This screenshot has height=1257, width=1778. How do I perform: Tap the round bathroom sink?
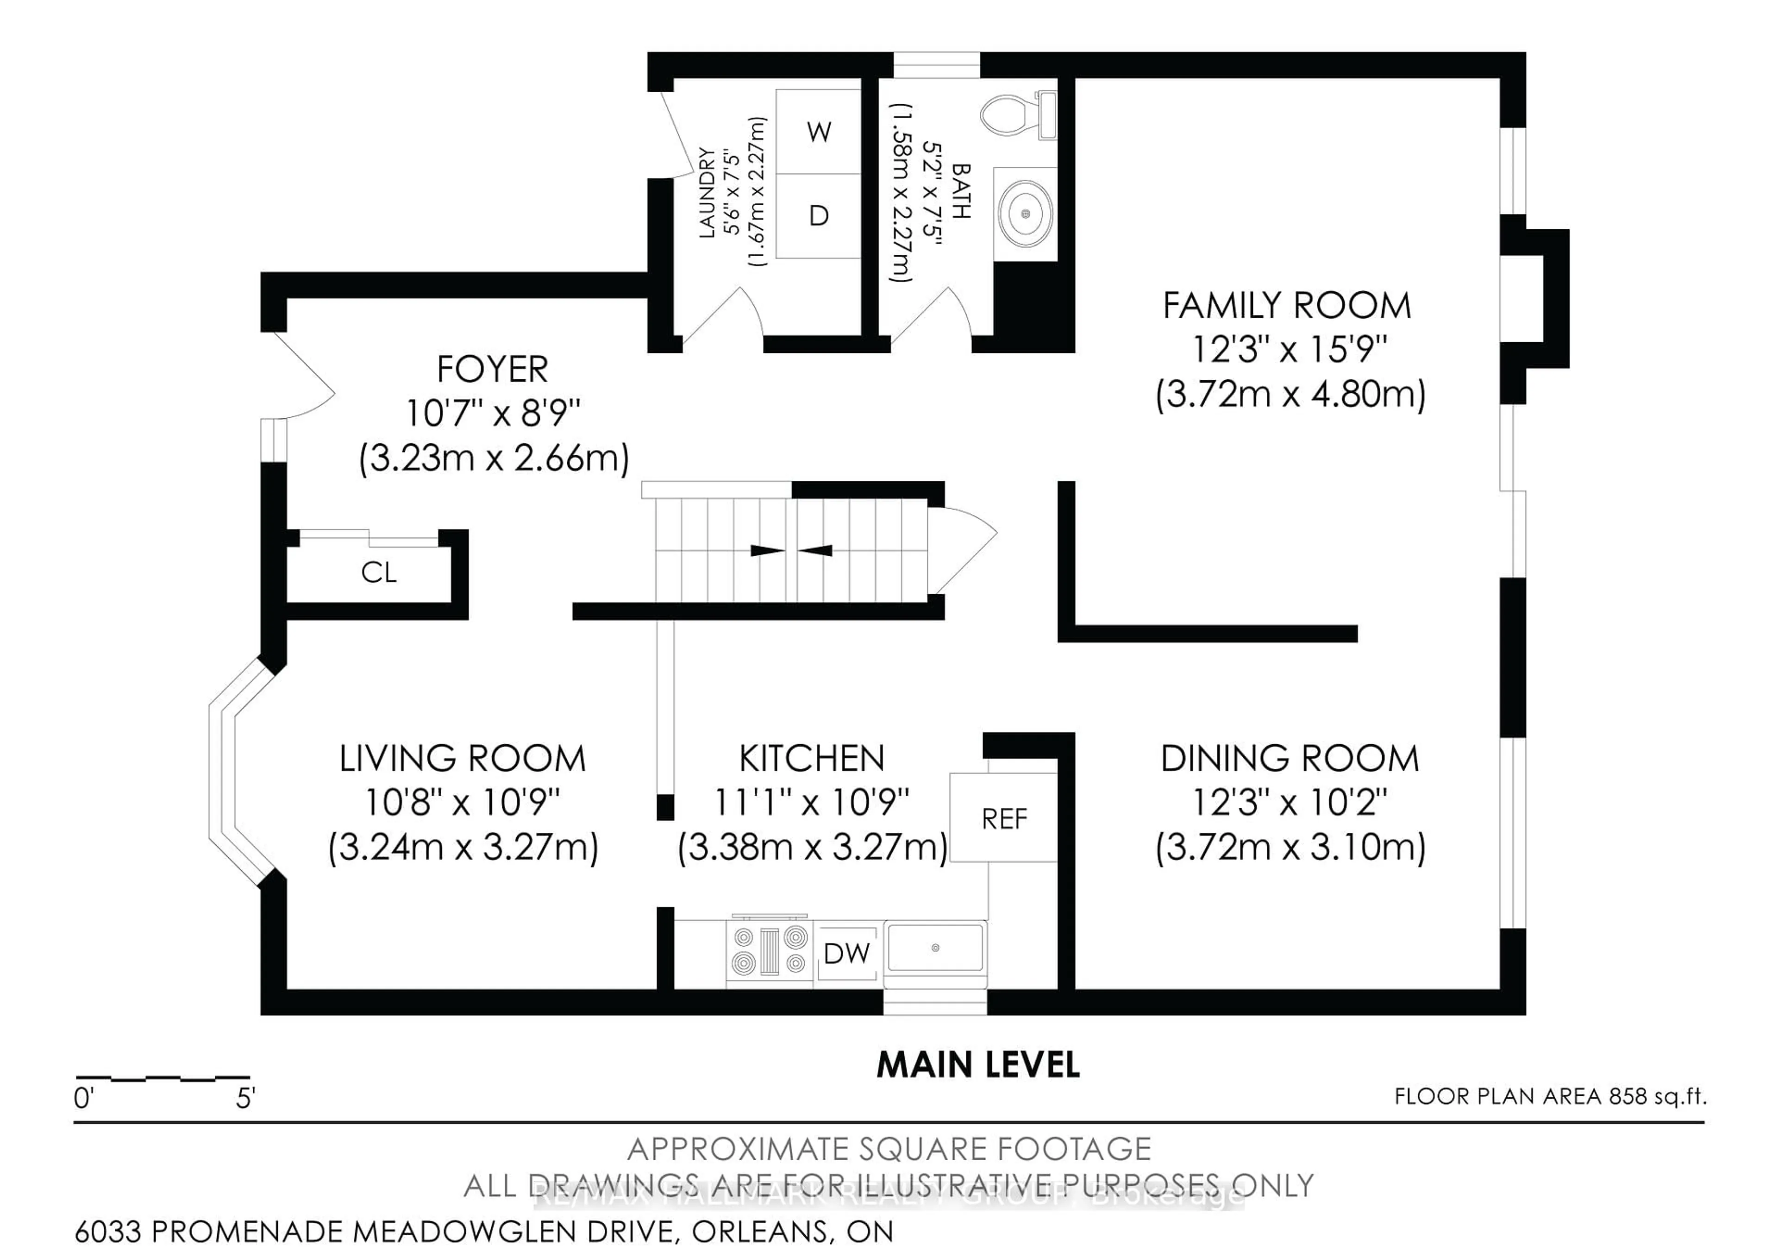coord(1025,213)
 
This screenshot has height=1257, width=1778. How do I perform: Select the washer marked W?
coord(819,132)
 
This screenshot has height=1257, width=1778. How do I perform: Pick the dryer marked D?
coord(819,215)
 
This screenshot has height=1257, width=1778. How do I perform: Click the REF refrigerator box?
coord(1004,819)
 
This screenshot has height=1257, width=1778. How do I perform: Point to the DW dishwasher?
coord(846,953)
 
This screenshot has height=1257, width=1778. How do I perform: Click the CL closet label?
coord(379,573)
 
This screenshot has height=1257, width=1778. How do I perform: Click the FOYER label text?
coord(493,370)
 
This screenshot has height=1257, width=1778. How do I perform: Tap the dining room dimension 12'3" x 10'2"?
coord(1289,802)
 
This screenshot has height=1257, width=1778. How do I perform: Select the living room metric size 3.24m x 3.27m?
coord(463,847)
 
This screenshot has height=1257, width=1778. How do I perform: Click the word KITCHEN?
coord(812,758)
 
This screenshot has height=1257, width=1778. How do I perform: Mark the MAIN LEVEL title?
coord(977,1066)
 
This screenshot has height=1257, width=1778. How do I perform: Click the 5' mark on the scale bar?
coord(245,1098)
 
